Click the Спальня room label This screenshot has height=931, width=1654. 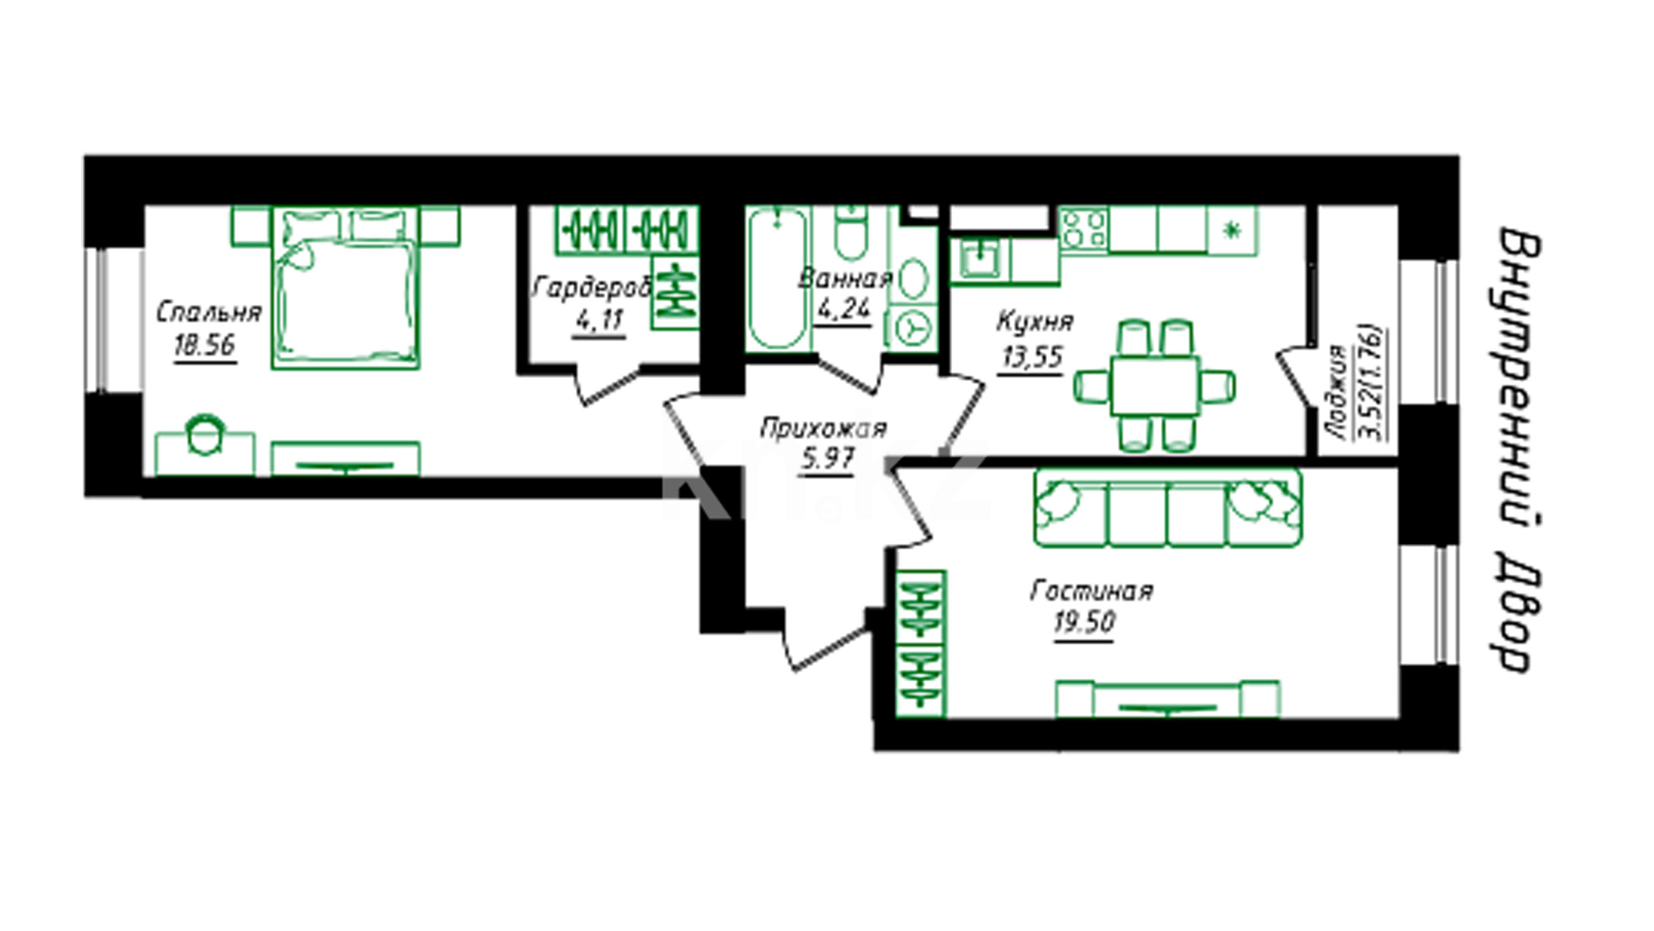(208, 312)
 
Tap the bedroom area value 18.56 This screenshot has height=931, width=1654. (204, 346)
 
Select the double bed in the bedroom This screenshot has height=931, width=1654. (345, 288)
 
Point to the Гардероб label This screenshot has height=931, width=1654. (591, 288)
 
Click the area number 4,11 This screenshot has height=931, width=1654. (598, 321)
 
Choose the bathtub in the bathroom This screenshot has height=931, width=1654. (778, 278)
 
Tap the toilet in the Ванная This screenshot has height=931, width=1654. (851, 232)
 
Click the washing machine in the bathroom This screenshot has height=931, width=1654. (913, 328)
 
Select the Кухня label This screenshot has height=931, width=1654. (1035, 322)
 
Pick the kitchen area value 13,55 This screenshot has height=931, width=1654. (1032, 356)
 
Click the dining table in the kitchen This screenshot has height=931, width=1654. (1154, 385)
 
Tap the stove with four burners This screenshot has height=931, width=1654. (1084, 229)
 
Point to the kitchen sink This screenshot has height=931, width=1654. (979, 259)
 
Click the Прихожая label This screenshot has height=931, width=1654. (824, 428)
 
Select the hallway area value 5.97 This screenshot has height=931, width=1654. (827, 459)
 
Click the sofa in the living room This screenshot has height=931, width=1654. (1168, 508)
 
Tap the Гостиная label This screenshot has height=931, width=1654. (1091, 590)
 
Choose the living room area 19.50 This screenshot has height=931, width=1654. (1085, 622)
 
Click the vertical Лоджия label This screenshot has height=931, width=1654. (1336, 393)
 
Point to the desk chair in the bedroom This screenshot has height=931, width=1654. (205, 435)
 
